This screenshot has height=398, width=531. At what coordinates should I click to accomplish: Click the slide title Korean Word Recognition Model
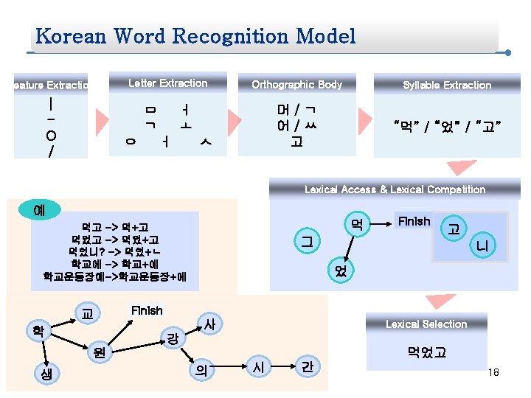click(195, 36)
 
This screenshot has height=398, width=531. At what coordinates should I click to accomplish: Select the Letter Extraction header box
click(167, 83)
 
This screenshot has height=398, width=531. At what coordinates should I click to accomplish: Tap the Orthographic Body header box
click(296, 85)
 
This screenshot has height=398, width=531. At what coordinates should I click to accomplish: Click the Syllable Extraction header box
click(446, 85)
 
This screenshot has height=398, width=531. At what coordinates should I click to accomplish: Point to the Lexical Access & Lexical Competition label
click(395, 189)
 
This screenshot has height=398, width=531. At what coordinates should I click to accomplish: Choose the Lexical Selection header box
click(426, 324)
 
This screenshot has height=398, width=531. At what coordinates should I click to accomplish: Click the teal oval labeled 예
click(38, 209)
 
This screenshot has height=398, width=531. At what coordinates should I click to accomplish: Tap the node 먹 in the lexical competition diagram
click(356, 223)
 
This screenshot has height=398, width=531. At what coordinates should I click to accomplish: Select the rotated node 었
click(340, 270)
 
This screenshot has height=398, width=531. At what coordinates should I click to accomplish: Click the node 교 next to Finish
click(87, 313)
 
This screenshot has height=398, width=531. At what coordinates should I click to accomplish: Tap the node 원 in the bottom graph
click(99, 355)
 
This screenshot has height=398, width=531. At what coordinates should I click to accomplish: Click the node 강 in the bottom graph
click(172, 338)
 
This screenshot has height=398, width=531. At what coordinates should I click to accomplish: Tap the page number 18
click(493, 373)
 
